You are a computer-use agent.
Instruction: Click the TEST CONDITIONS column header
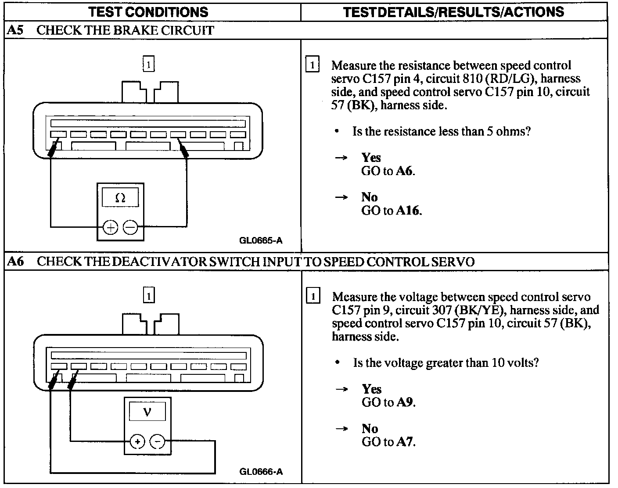point(148,12)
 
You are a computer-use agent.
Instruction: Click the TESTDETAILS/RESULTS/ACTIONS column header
point(453,12)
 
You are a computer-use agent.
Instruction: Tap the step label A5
point(15,31)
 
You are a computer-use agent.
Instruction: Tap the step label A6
point(15,262)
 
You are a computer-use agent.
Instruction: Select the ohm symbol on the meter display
point(120,198)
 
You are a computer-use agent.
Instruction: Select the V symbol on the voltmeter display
point(147,412)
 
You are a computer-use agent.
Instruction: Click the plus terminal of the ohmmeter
point(110,227)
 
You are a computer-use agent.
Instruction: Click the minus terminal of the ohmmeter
point(130,227)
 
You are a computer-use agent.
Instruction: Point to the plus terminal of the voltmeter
point(137,441)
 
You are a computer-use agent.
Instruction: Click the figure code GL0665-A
point(261,240)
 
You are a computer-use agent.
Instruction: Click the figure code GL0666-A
point(261,472)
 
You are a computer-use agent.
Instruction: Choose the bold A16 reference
point(408,211)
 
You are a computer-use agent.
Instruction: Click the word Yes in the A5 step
point(371,158)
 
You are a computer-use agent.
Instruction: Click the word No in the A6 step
point(370,428)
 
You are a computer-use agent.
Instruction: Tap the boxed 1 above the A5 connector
point(149,65)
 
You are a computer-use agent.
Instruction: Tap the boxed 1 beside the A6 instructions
point(313,296)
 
